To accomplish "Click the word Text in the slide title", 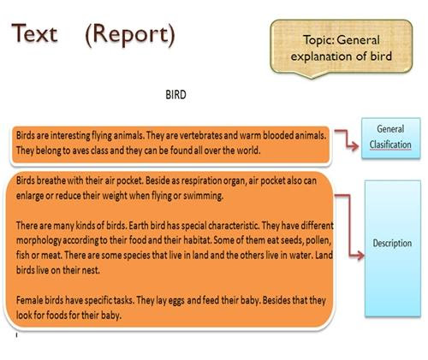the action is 34,33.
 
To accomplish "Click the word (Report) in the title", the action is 130,35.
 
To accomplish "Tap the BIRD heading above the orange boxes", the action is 175,95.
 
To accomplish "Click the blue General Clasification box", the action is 391,138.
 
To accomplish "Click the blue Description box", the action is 393,248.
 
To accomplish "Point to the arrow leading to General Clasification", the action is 346,139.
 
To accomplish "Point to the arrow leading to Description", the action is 349,225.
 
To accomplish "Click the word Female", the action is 26,300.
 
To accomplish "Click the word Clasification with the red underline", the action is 390,145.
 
